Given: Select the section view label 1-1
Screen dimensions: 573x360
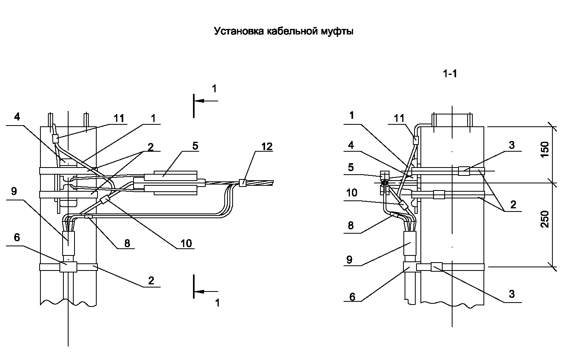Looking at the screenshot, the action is (450, 74).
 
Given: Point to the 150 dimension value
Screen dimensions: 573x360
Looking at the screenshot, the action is (545, 149).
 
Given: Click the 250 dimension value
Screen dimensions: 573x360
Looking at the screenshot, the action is (545, 219).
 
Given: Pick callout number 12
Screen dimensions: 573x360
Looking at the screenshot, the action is (267, 147).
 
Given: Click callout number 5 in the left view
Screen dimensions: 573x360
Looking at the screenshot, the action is (195, 146).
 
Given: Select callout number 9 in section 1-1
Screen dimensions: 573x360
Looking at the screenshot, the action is (349, 260).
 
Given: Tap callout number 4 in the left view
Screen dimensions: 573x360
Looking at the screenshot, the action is (17, 117).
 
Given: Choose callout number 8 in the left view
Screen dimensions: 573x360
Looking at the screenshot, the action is (127, 243).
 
